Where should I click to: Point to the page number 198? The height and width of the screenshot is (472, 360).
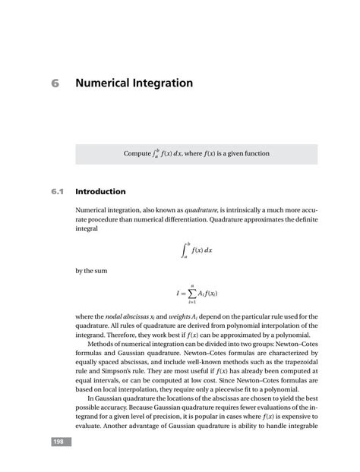[59, 441]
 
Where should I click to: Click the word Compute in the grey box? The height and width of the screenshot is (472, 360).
[137, 154]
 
